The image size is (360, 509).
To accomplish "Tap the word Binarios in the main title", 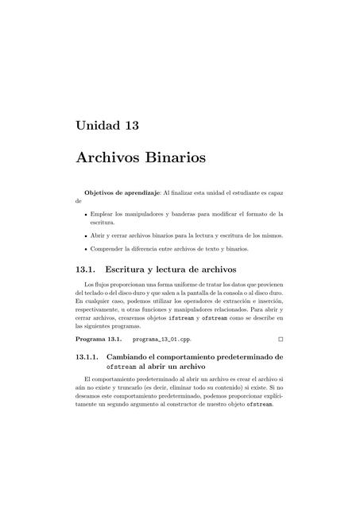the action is [x=175, y=157].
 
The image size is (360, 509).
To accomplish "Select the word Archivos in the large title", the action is [x=107, y=157].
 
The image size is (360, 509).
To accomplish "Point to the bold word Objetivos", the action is [x=103, y=192].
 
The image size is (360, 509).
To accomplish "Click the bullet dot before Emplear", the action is [x=86, y=214].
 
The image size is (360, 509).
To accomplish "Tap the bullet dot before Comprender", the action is [x=86, y=249].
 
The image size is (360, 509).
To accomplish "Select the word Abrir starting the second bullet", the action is [x=99, y=235].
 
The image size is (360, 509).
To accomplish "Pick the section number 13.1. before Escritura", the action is [x=85, y=270].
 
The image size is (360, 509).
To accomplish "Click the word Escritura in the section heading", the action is [x=124, y=270].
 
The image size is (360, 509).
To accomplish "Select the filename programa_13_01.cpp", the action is [x=161, y=339].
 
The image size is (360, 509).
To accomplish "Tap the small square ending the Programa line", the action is [x=281, y=339].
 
